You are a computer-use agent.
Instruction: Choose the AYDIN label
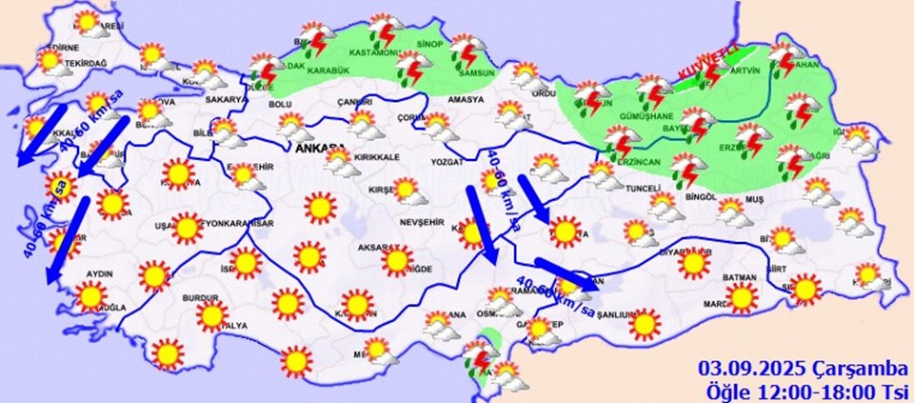click(x=98, y=273)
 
